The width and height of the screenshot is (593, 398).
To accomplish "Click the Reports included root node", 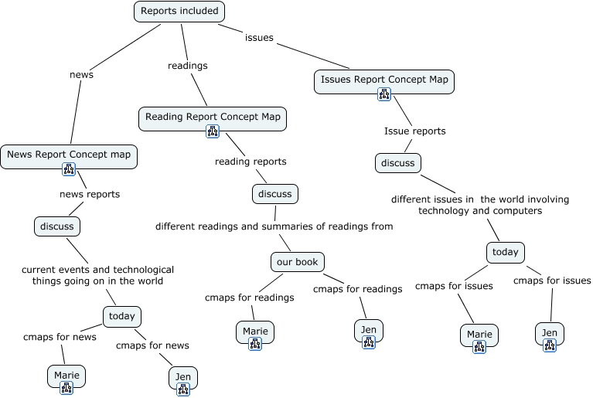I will [x=179, y=12].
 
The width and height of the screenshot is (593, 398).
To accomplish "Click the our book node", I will [x=298, y=262].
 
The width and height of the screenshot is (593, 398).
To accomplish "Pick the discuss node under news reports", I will [x=57, y=226].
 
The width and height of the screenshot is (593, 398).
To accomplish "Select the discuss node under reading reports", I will [x=274, y=193].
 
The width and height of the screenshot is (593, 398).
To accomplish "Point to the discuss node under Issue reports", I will [x=398, y=163].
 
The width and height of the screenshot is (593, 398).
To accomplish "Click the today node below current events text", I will [x=121, y=316].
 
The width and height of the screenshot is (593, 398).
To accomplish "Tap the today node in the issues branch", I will [x=506, y=252].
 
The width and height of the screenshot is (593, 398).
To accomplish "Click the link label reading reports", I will [x=250, y=162].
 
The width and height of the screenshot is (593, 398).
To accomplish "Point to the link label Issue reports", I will [x=414, y=131].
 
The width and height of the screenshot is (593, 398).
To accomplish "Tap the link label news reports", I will [x=90, y=194].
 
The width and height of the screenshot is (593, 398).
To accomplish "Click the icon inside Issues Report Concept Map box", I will [x=384, y=94].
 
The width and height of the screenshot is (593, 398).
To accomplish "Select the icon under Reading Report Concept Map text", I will [x=213, y=131].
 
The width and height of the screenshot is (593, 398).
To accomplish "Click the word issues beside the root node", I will [x=259, y=37].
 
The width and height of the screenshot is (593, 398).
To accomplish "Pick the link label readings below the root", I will [x=188, y=66].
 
